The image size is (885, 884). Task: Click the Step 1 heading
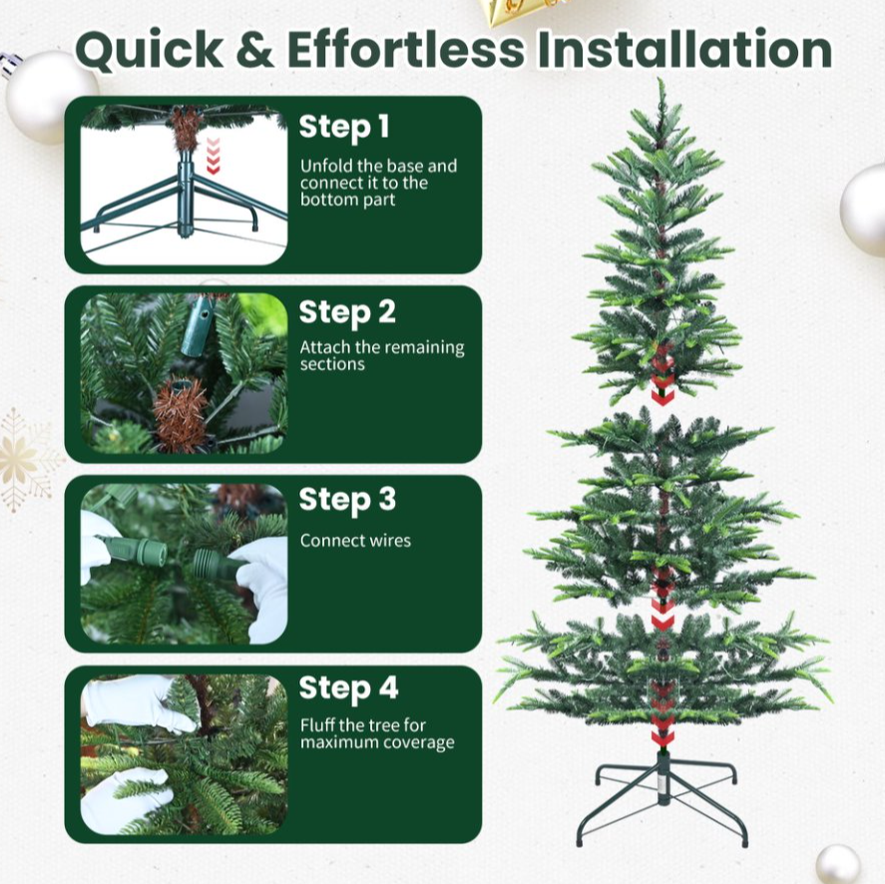click(344, 127)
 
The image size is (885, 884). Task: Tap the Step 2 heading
click(347, 312)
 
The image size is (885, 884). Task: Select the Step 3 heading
click(347, 500)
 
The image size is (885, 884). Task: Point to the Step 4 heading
click(348, 688)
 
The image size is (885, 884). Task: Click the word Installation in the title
click(684, 49)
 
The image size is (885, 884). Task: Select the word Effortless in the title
click(406, 49)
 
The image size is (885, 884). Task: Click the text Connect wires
click(355, 540)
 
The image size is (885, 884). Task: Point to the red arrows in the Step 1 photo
click(213, 156)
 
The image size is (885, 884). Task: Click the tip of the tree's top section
click(660, 79)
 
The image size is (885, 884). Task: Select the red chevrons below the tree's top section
click(663, 375)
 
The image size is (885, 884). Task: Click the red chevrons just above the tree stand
click(663, 714)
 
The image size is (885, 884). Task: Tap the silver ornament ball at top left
click(53, 97)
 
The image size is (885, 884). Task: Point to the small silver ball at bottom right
click(837, 864)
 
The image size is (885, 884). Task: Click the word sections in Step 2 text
click(332, 364)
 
